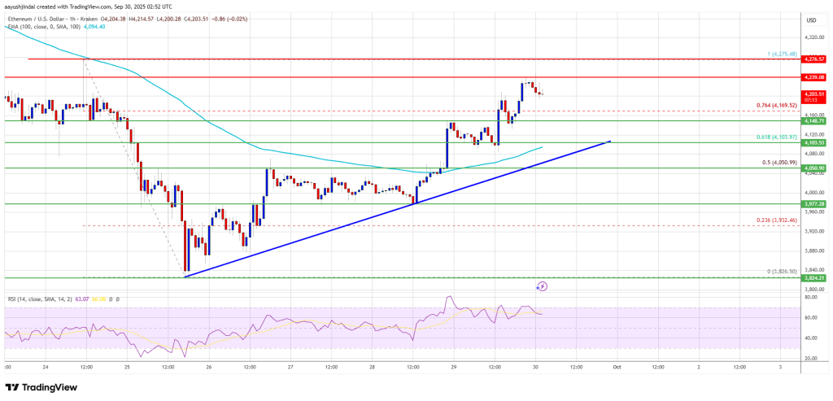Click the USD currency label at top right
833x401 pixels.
pos(810,20)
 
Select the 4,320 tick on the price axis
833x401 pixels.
pos(812,37)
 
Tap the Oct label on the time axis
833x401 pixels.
pos(617,367)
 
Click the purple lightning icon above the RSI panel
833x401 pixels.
pos(543,286)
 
